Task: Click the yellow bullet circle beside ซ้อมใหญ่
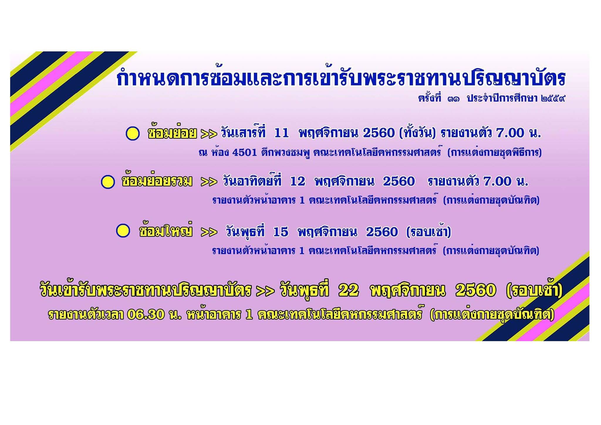coord(123,231)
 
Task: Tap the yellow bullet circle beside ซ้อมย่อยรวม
coord(108,182)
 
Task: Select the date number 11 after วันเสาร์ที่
coord(281,133)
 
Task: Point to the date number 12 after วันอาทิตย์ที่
coord(298,182)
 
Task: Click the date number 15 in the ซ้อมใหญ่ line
coord(281,232)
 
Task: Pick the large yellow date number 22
coord(349,290)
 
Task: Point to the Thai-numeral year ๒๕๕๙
coord(553,99)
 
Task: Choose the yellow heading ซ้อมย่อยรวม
coord(157,181)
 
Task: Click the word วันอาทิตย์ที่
coord(252,181)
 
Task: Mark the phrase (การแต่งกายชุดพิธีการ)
coord(494,152)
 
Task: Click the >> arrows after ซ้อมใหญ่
coord(209,232)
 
